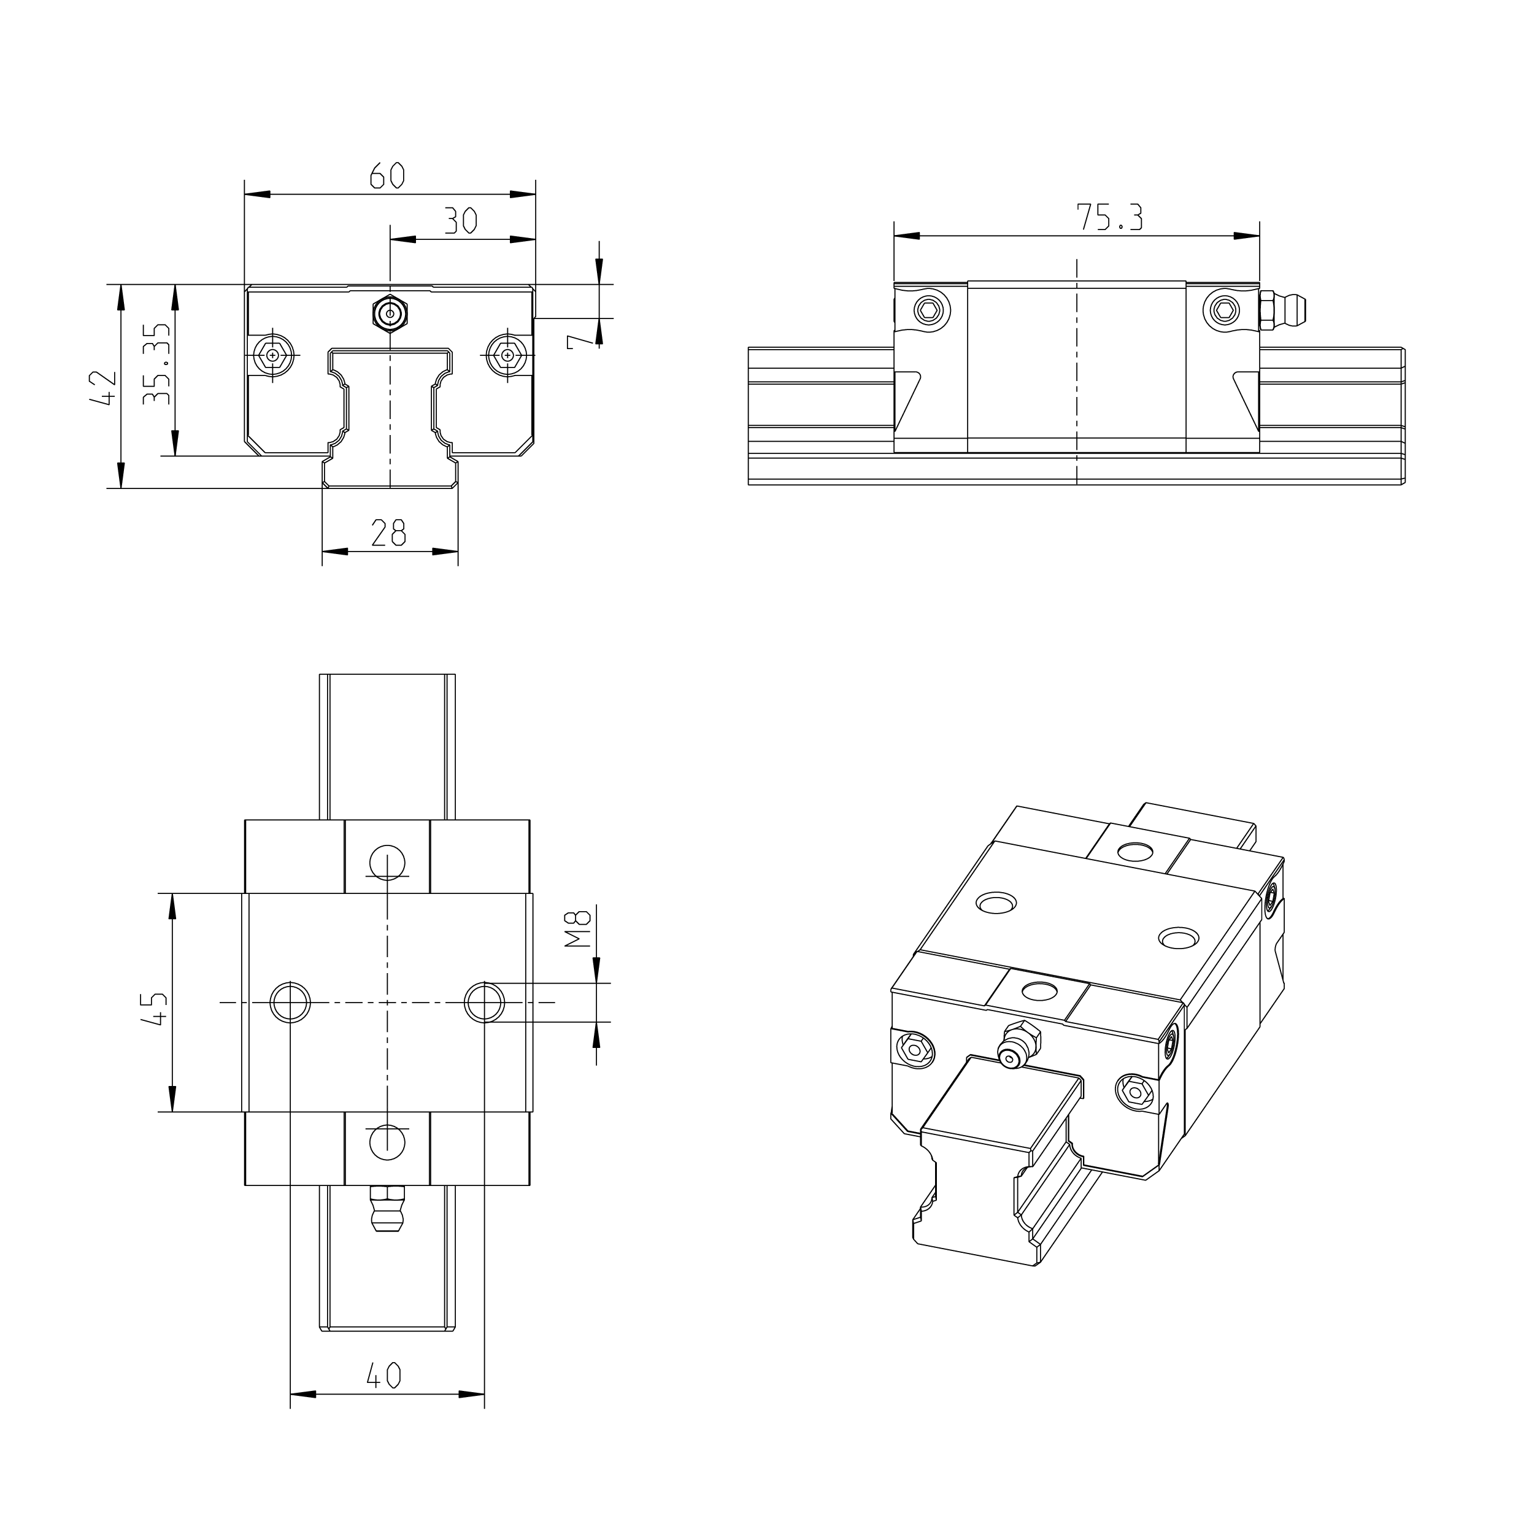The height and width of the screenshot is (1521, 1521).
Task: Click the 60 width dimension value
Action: (x=387, y=176)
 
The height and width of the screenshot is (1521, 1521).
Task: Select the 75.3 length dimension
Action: (x=1109, y=218)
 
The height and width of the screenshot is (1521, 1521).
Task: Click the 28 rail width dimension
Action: (x=388, y=534)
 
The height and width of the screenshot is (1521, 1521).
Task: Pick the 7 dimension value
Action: (x=579, y=340)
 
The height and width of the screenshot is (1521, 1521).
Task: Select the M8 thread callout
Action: (x=579, y=928)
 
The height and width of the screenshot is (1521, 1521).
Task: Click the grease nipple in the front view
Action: (x=390, y=314)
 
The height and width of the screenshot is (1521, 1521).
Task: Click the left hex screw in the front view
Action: (x=273, y=355)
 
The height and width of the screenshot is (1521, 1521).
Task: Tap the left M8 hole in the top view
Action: (x=290, y=1002)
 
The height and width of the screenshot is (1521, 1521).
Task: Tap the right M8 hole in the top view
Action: (x=484, y=1002)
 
